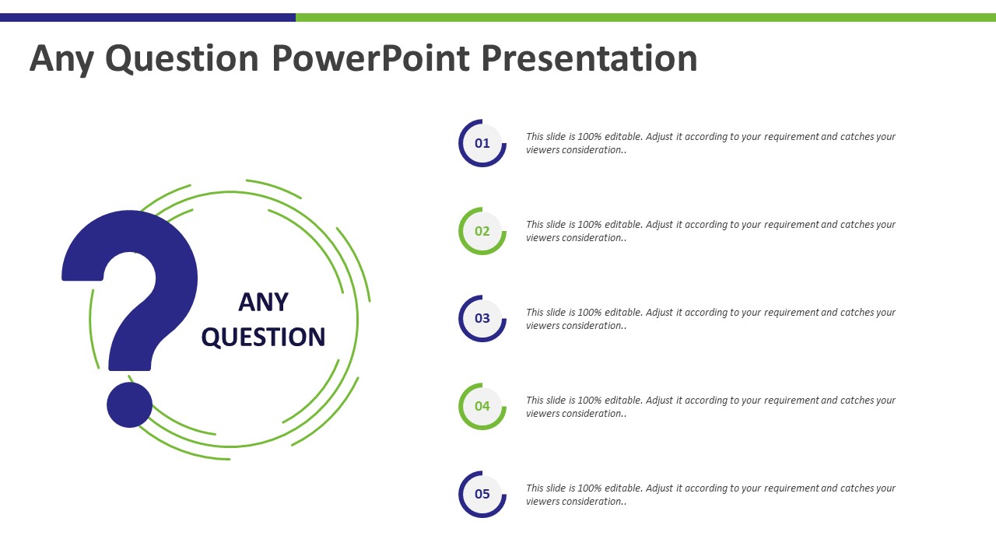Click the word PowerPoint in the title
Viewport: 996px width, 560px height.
371,58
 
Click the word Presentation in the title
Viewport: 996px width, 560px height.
590,58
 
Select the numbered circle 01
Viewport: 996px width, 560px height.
482,143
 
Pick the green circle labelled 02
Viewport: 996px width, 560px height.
482,231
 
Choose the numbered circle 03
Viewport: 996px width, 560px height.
482,319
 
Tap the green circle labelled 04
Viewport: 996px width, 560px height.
482,406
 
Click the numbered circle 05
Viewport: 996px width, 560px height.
482,494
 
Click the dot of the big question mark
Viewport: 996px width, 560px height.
129,405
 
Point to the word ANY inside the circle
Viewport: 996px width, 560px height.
263,303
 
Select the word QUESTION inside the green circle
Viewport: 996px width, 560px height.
263,337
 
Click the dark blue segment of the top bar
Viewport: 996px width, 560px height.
148,17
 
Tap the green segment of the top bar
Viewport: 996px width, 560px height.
646,17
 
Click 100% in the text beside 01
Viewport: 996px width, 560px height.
590,136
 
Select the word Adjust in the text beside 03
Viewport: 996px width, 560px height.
659,313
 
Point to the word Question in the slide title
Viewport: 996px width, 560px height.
182,59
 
